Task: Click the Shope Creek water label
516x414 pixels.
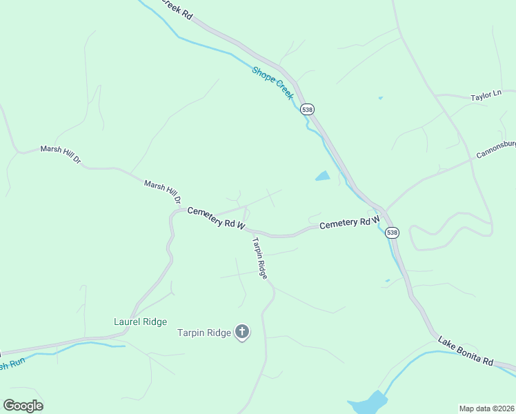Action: point(272,83)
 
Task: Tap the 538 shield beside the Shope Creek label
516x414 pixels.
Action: point(308,109)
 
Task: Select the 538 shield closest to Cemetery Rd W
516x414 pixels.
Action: point(392,233)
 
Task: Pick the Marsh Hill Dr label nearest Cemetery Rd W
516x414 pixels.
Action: point(163,192)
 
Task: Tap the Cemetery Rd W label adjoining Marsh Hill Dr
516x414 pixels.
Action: point(217,218)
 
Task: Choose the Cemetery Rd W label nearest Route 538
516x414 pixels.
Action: point(349,222)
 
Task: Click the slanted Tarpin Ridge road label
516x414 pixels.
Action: point(259,257)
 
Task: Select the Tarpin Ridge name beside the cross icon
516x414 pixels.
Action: point(204,333)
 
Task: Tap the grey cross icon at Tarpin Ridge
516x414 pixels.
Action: point(242,333)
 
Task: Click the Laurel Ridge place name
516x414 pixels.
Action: point(141,322)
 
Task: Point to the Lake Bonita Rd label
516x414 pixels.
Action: point(466,351)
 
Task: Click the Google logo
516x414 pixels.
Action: point(23,406)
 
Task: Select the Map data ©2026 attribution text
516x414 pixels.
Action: point(486,408)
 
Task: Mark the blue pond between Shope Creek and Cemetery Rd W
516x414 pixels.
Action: point(322,176)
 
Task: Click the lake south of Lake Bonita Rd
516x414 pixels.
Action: point(368,402)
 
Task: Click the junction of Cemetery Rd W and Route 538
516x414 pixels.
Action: point(383,211)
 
